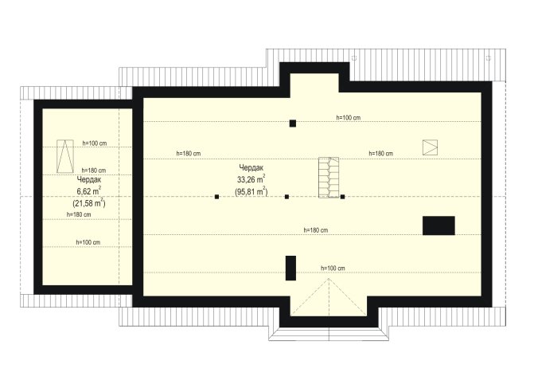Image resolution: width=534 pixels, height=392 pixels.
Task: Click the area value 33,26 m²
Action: pos(251,179)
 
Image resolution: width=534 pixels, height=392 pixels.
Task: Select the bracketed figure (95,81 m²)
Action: pos(251,191)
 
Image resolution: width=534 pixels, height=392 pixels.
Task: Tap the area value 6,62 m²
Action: pos(88,191)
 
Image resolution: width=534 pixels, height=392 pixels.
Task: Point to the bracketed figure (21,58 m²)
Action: pos(88,203)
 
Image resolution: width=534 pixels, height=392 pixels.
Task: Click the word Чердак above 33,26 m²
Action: pos(251,167)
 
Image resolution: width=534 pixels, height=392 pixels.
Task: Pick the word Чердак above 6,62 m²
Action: pos(89,179)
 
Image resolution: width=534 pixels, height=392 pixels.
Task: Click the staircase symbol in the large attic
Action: pos(329,177)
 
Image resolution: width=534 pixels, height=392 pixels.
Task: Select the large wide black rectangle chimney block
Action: pos(439,225)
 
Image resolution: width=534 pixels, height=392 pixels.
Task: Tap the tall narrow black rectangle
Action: pos(290,268)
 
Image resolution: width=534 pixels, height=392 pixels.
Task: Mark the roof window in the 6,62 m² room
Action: pos(65,156)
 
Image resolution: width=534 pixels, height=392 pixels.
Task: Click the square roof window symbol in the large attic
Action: pos(430,147)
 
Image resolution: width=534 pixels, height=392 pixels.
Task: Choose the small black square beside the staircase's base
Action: pos(343,197)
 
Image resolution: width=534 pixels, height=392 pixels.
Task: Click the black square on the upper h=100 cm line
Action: pos(293,123)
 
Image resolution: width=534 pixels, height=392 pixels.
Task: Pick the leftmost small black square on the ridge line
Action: pos(216,197)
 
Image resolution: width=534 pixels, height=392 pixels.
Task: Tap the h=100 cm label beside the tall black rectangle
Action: pos(333,269)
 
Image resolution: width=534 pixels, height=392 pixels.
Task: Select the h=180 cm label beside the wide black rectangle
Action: pos(316,230)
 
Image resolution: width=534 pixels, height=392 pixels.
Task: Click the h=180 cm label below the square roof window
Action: pos(380,154)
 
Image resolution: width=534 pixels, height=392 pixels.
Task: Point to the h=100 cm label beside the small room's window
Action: pos(95,143)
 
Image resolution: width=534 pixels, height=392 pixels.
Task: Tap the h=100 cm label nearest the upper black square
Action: pos(349,118)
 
